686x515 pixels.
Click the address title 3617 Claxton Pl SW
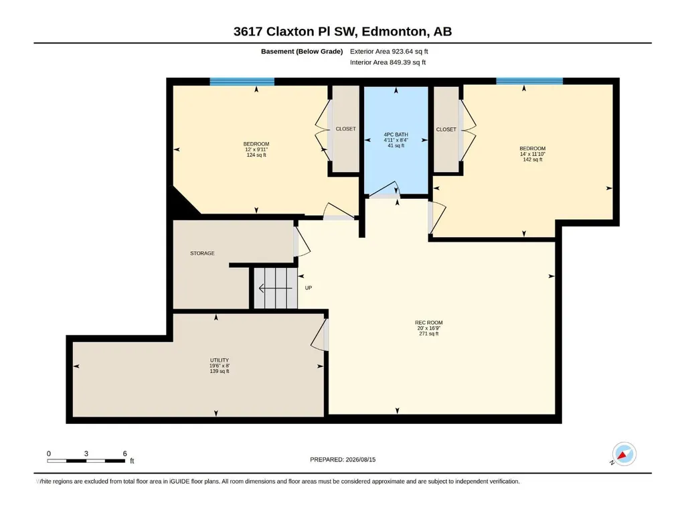coord(295,31)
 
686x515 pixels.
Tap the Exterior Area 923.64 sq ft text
coord(389,52)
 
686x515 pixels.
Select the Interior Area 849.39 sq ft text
coord(388,62)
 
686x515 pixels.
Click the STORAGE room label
coord(202,253)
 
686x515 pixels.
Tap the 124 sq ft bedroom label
coord(256,149)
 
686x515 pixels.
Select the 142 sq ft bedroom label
coord(533,154)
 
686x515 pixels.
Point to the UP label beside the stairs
coord(309,288)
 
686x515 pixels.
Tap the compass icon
coord(624,453)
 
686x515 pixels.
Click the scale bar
coord(86,461)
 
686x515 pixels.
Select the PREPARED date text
coord(343,459)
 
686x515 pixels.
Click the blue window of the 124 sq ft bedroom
coord(242,82)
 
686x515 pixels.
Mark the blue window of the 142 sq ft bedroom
coord(529,81)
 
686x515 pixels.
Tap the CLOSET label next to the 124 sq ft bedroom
coord(345,129)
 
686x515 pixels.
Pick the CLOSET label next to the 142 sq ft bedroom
coord(446,129)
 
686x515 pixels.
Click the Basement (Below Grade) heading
coord(302,52)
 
